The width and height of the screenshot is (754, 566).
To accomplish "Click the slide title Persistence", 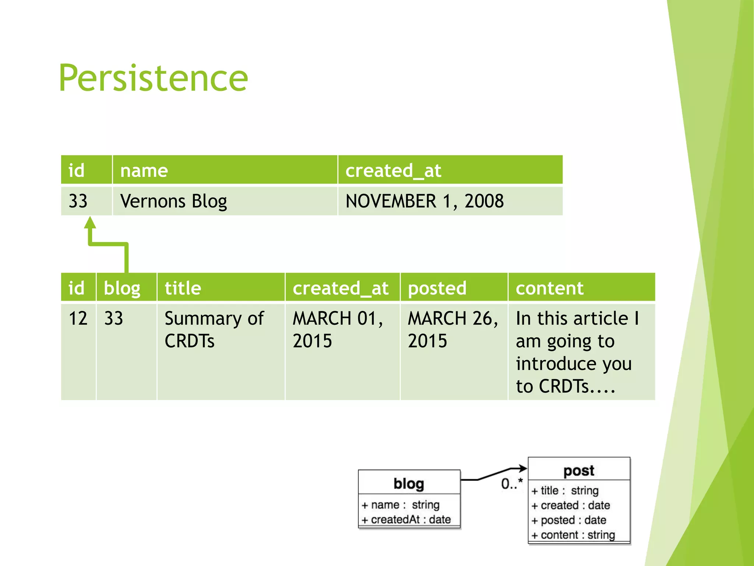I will pyautogui.click(x=153, y=78).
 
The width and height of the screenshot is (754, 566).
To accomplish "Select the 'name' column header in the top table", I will pyautogui.click(x=144, y=171).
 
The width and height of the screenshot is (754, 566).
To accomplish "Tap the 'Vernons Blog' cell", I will pyautogui.click(x=173, y=201).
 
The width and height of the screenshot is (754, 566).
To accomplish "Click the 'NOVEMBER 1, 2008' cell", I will pyautogui.click(x=424, y=201).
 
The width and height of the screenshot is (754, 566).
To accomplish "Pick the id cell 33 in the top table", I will pyautogui.click(x=78, y=201).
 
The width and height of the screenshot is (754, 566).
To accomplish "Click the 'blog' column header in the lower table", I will pyautogui.click(x=122, y=288).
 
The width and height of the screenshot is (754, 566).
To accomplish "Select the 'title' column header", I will pyautogui.click(x=183, y=288).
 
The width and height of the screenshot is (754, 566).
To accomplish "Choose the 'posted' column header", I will pyautogui.click(x=437, y=288).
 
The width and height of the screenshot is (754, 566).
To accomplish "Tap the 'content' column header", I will pyautogui.click(x=549, y=288).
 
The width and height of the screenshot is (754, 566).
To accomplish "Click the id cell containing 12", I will pyautogui.click(x=78, y=318).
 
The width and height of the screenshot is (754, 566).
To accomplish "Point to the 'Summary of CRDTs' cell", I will pyautogui.click(x=214, y=329).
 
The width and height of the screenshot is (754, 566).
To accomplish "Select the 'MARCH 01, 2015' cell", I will pyautogui.click(x=337, y=329).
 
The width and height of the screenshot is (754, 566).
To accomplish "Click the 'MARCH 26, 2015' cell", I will pyautogui.click(x=452, y=329).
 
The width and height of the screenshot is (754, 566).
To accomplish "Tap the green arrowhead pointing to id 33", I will pyautogui.click(x=90, y=223).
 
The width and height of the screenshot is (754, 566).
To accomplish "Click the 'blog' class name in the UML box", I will pyautogui.click(x=409, y=483).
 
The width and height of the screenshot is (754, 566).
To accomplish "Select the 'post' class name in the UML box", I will pyautogui.click(x=579, y=471).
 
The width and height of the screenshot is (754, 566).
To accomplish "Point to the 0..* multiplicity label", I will pyautogui.click(x=512, y=483).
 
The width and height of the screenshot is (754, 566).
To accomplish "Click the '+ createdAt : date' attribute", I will pyautogui.click(x=406, y=520).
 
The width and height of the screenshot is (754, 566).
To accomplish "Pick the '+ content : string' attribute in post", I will pyautogui.click(x=573, y=535).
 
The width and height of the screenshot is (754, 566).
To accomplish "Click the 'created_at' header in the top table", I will pyautogui.click(x=393, y=171).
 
